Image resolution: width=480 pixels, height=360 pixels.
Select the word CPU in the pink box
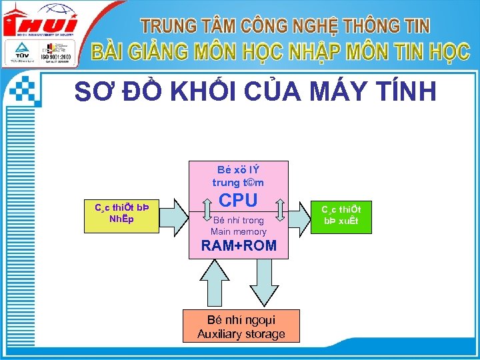[238, 200]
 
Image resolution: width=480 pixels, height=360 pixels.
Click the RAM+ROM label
[239, 245]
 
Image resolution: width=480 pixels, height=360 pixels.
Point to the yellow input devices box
[121, 215]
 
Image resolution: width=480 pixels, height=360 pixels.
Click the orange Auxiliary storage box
[241, 327]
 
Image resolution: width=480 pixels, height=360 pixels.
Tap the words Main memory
[239, 232]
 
